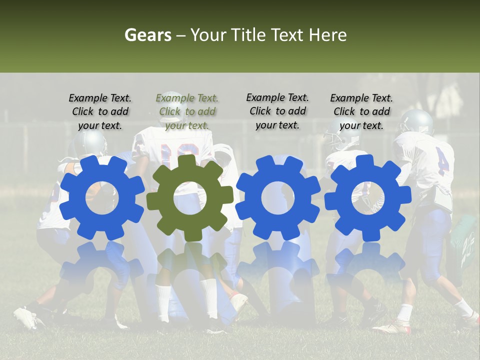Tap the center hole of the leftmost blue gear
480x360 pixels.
tap(102, 197)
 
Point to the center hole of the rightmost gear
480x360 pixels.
tap(367, 197)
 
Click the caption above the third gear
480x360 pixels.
tap(277, 111)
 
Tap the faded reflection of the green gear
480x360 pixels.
tap(190, 260)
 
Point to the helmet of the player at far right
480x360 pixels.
tap(416, 121)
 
